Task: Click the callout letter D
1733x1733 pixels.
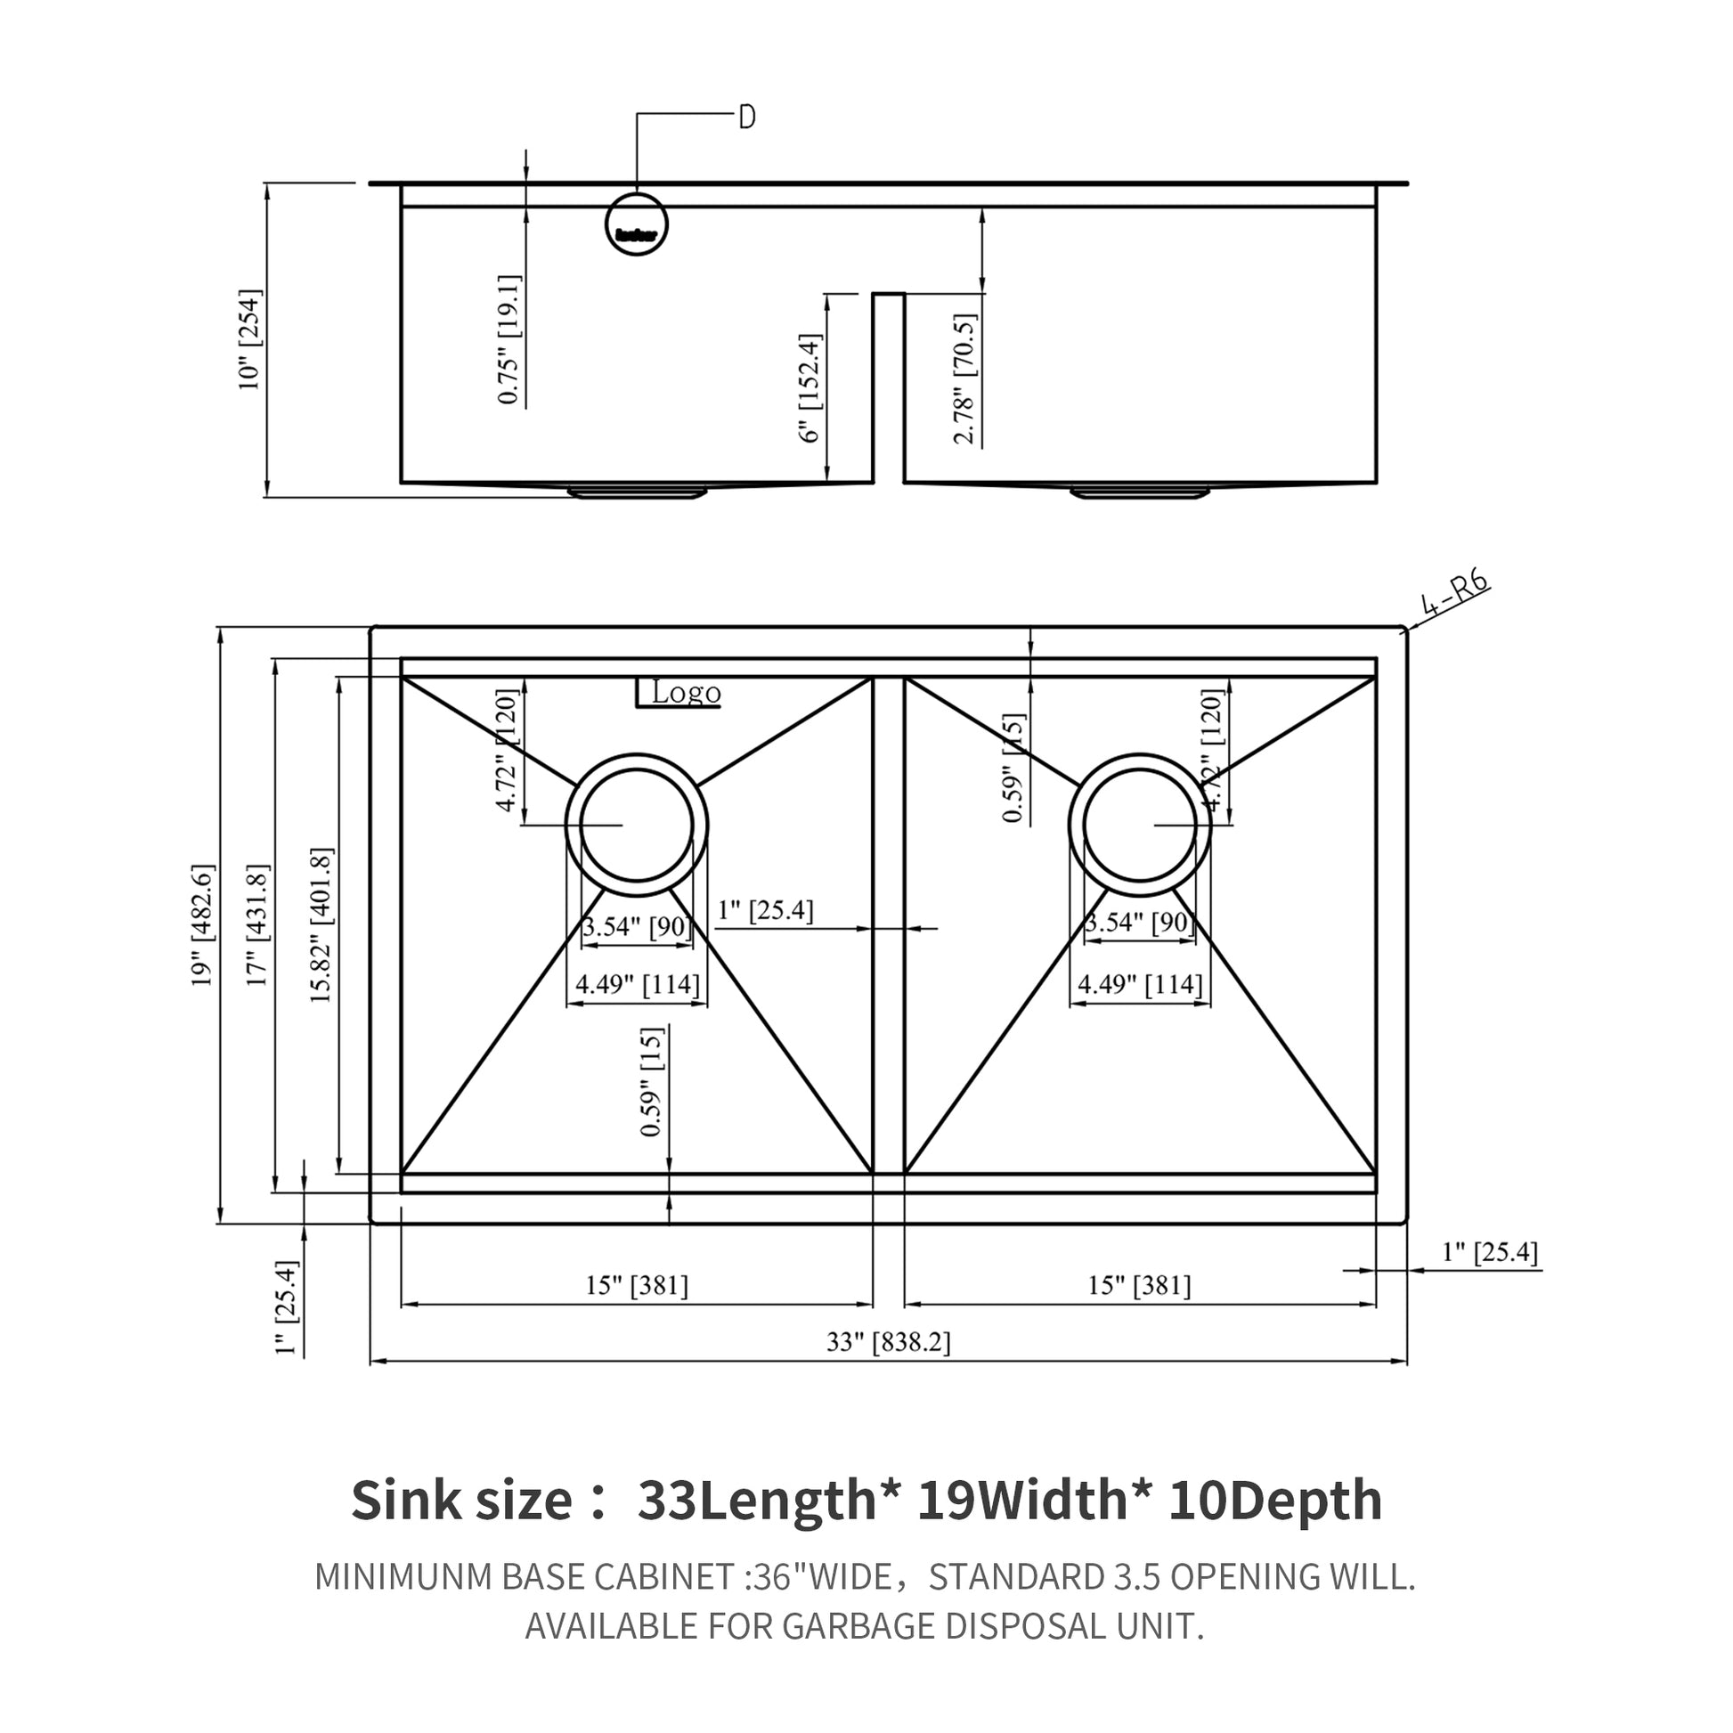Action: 746,117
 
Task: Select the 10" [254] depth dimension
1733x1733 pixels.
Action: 249,339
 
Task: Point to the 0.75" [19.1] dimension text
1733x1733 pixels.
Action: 509,339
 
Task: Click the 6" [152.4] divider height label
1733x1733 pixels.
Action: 810,387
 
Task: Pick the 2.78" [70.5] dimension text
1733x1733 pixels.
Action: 964,378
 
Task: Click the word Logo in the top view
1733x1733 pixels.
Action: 687,693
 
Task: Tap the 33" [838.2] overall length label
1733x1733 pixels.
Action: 888,1342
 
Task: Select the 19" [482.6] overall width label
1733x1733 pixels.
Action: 203,924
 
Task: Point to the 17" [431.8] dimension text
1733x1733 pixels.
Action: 257,924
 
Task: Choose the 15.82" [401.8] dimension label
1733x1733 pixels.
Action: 321,924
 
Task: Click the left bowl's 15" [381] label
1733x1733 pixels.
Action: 637,1285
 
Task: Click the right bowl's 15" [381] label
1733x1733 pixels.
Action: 1139,1285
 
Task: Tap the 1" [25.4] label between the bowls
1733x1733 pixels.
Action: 765,910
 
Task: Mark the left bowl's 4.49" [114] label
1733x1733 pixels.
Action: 637,984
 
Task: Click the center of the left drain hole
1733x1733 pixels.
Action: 637,826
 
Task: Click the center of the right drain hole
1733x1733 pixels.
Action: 1139,826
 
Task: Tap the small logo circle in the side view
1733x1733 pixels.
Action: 637,224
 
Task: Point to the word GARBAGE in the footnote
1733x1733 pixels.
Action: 844,1625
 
